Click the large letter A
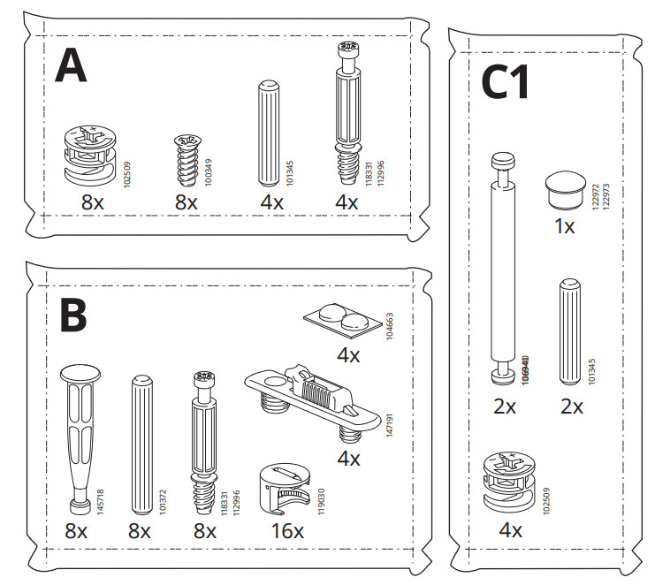(x=71, y=65)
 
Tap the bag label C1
(x=505, y=85)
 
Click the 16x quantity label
(x=286, y=532)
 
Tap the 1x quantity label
(x=564, y=226)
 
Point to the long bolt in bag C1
(x=503, y=270)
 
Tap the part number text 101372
(x=162, y=499)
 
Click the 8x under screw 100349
(x=186, y=202)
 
